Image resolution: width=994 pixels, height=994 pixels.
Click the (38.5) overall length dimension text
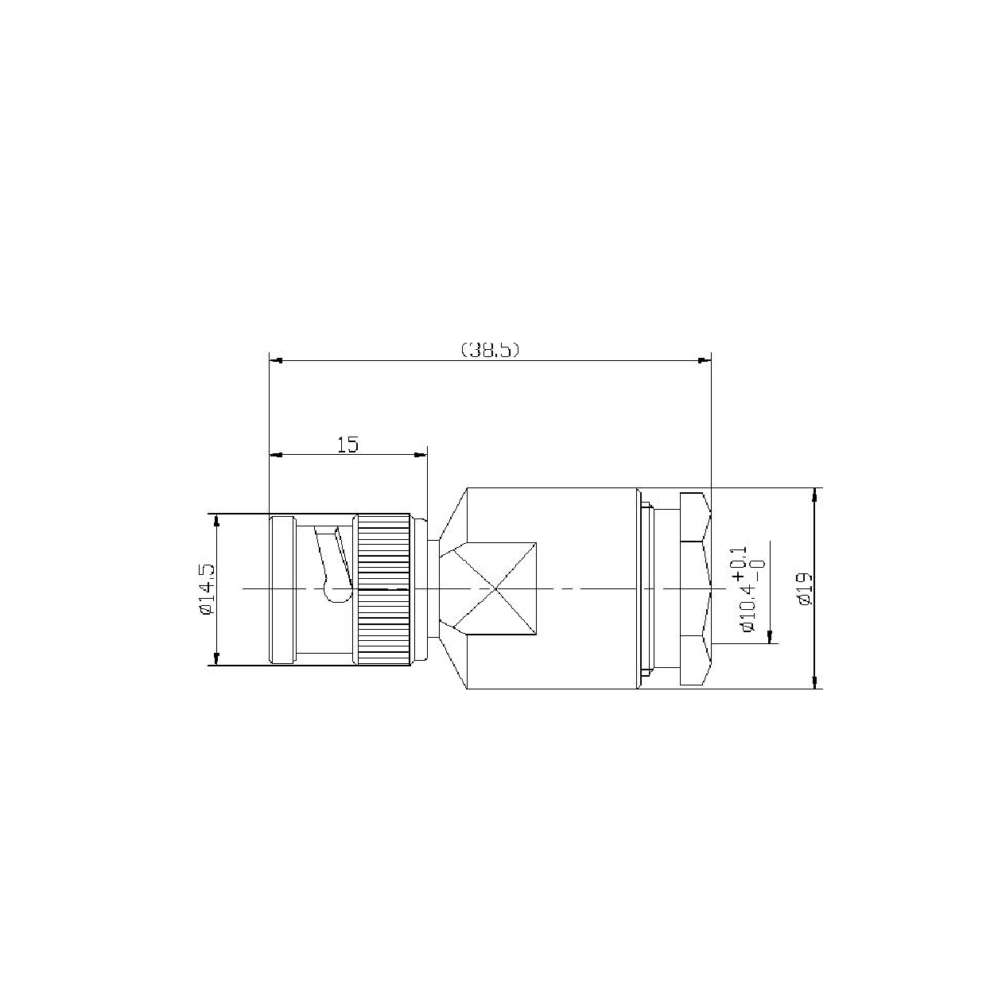tap(490, 350)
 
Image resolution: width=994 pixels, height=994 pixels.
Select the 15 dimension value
tap(348, 445)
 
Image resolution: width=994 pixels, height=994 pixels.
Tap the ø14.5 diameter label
tap(206, 589)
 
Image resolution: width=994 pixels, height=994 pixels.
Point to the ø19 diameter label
tap(806, 589)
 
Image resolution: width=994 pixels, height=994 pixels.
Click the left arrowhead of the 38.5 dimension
tap(277, 360)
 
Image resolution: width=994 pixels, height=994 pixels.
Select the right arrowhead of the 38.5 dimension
tap(704, 360)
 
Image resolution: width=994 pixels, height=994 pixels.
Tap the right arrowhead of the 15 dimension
tap(421, 455)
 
